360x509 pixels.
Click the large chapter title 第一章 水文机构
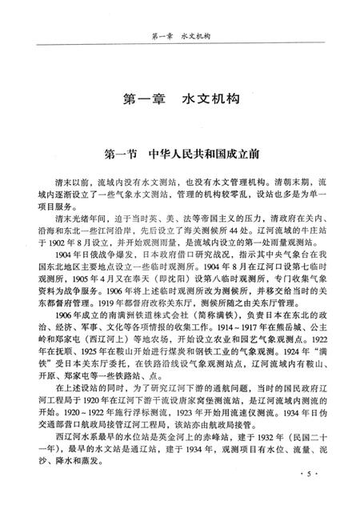(x=180, y=103)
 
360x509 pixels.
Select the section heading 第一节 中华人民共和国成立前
(x=180, y=151)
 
